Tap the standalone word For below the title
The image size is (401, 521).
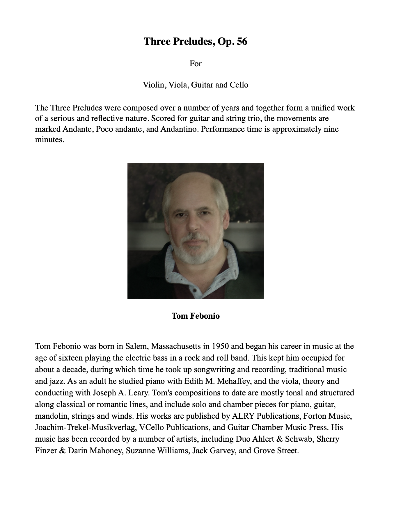[196, 63]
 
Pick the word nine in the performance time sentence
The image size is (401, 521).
[331, 129]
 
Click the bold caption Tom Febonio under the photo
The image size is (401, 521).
[196, 316]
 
